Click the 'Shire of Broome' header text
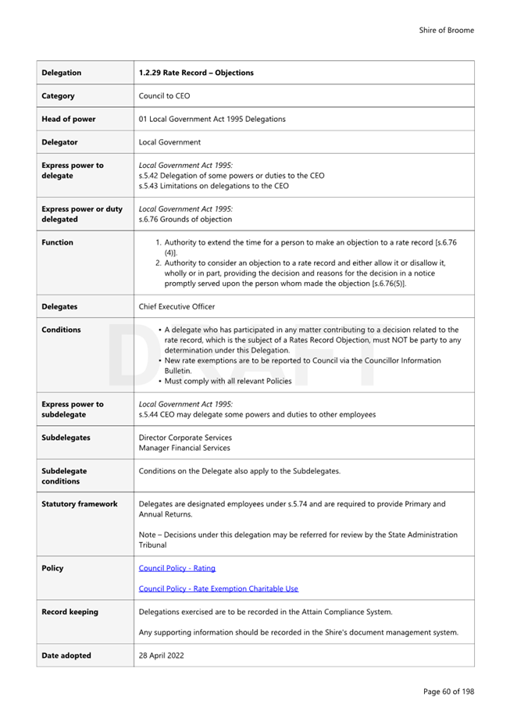point(446,30)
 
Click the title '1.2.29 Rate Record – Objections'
point(196,73)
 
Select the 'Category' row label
point(59,96)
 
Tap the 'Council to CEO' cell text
point(164,96)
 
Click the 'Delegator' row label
point(60,142)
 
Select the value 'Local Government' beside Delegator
point(169,142)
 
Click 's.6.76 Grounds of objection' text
point(185,220)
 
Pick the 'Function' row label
point(58,242)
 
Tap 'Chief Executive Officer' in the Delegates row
point(177,306)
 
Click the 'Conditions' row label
point(61,330)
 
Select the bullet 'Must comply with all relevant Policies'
point(227,381)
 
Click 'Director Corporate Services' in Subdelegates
point(185,438)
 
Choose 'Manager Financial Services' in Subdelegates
point(184,448)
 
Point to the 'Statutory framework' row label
point(80,504)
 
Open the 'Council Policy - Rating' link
point(177,568)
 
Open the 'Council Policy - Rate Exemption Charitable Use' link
point(218,588)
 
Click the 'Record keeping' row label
point(70,612)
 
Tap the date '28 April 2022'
point(162,656)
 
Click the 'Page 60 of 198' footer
point(448,692)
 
